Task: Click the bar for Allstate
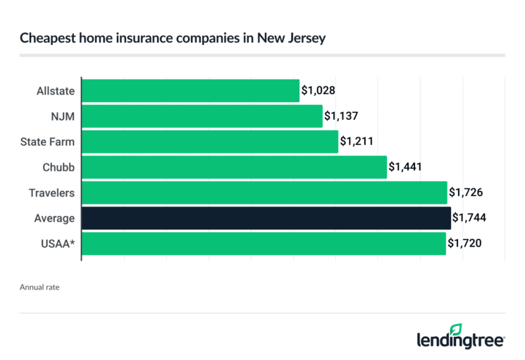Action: [190, 91]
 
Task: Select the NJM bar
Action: [202, 116]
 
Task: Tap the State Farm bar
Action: [210, 142]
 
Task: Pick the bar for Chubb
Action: [234, 167]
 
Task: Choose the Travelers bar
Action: [264, 192]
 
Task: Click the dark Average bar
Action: [266, 218]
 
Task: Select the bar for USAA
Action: [264, 243]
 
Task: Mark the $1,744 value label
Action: [469, 218]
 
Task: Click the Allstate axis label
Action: [56, 91]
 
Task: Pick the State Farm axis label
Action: [48, 142]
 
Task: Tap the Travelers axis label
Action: [51, 192]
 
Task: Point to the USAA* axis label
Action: [56, 243]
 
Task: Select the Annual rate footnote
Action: [39, 287]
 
